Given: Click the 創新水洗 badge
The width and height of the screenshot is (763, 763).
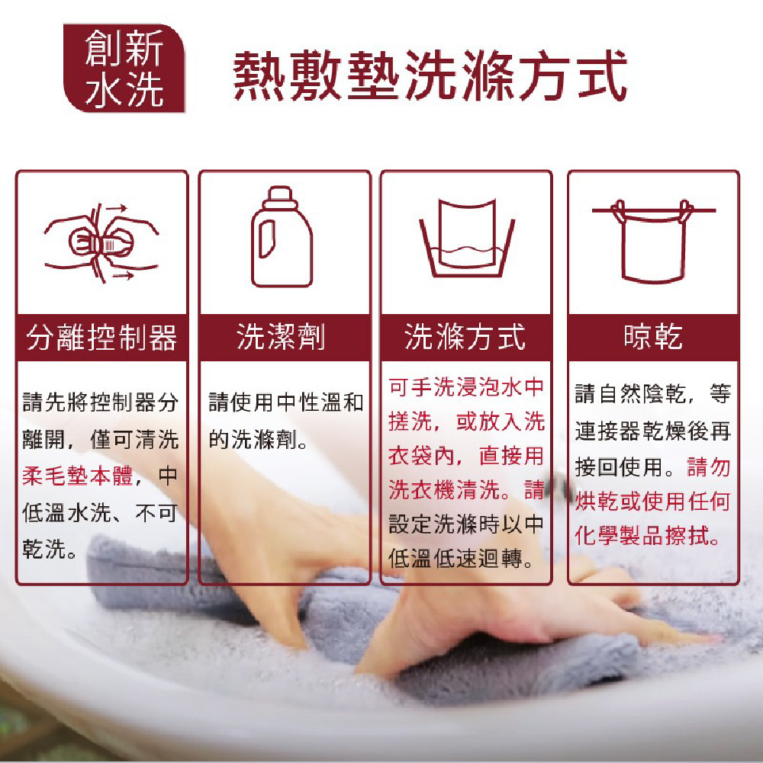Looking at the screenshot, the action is tap(124, 68).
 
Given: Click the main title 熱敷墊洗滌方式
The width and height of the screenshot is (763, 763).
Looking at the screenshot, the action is tap(430, 75).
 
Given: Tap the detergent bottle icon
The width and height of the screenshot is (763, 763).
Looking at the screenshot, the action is tap(282, 236).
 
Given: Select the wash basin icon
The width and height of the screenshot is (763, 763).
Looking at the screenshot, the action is tap(467, 238).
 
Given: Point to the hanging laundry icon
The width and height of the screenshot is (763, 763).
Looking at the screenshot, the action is tap(653, 241).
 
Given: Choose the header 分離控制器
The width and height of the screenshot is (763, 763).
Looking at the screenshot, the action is tap(101, 337).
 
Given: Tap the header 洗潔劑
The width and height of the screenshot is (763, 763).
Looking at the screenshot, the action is tap(281, 337).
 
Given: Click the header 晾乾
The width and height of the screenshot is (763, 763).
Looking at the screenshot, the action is tap(653, 337).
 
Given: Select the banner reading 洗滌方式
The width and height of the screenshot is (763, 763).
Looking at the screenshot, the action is tap(465, 337).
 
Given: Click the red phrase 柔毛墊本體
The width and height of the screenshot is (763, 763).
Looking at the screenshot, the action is tap(78, 476).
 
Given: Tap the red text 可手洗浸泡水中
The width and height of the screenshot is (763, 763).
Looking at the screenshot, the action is tap(465, 387).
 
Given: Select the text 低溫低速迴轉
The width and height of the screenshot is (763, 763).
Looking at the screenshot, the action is tap(455, 558).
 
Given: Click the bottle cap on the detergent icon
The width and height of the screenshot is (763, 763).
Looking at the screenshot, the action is tap(280, 197).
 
